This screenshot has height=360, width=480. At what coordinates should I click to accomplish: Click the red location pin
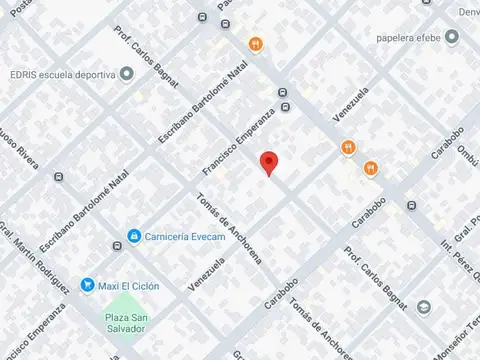point(267,164)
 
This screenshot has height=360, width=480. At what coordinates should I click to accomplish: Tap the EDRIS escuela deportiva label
point(59,73)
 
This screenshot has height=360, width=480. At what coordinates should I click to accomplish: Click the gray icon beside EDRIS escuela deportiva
point(127,73)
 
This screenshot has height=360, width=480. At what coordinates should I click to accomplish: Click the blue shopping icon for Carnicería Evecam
point(133,237)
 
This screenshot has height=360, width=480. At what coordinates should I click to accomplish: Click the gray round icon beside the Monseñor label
point(424,307)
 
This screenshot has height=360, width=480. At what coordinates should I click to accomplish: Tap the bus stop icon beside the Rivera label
point(60,178)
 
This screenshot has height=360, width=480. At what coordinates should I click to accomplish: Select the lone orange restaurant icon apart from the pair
point(256,44)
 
